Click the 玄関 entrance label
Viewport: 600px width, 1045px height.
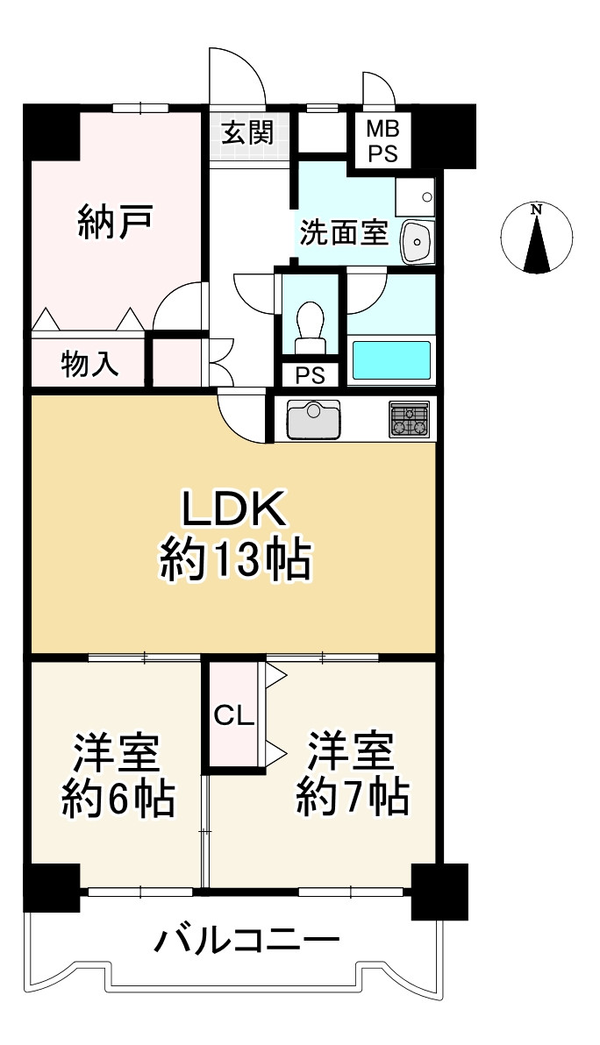point(247,133)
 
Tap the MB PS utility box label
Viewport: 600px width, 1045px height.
point(383,141)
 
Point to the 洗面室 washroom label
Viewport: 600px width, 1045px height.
point(343,233)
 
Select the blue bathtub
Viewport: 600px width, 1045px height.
point(390,360)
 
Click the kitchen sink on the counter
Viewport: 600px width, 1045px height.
point(313,419)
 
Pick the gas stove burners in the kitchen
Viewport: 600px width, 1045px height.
point(409,420)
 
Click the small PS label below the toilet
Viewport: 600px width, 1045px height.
point(310,375)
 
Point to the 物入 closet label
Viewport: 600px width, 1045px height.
point(90,364)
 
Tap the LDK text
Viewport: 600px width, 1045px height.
point(234,511)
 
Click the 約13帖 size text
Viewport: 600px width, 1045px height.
point(234,560)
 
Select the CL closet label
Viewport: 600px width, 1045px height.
point(233,716)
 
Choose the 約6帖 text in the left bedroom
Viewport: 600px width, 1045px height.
point(118,798)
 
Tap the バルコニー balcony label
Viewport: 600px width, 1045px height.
point(247,942)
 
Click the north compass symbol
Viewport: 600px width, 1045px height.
point(537,238)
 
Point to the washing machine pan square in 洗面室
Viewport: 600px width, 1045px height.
point(415,197)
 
